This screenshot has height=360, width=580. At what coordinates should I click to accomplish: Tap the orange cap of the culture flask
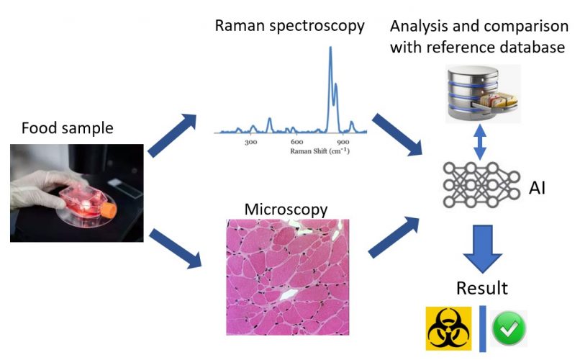click(108, 210)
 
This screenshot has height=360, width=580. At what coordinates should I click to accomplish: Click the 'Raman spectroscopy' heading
click(289, 26)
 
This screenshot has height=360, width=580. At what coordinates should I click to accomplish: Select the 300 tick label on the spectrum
click(250, 143)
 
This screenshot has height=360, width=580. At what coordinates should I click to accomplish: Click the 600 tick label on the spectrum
click(296, 143)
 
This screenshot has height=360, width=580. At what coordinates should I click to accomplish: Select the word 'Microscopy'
click(286, 210)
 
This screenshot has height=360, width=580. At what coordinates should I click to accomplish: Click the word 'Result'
click(482, 289)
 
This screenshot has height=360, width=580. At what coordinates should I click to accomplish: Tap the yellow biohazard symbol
click(447, 328)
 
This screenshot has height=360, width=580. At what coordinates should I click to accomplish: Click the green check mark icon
click(509, 328)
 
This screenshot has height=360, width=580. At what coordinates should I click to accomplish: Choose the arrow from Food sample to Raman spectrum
click(172, 135)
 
